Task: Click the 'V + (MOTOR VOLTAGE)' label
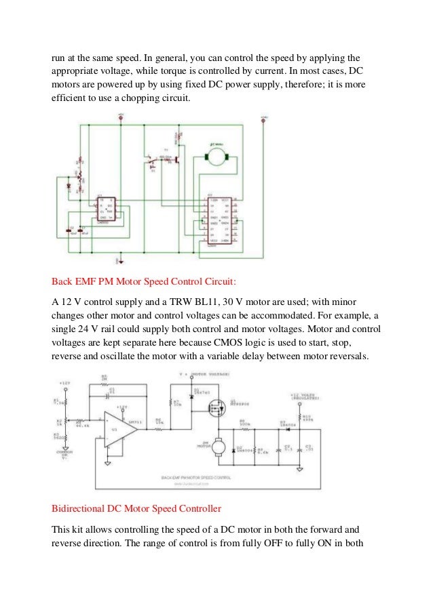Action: tap(204, 373)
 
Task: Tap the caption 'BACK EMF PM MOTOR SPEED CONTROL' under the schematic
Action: tap(197, 477)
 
